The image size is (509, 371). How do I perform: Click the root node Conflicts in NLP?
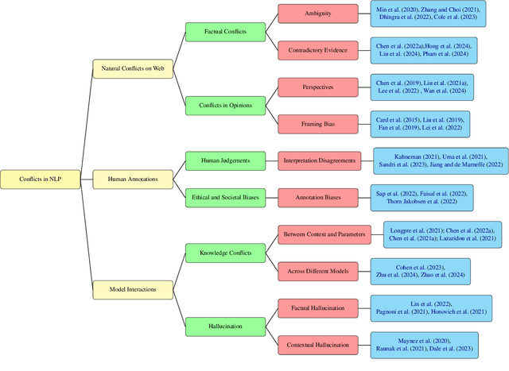point(41,180)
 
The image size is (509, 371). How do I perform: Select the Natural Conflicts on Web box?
point(133,68)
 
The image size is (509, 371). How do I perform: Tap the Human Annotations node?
point(133,180)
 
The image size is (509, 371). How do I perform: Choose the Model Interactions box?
point(133,290)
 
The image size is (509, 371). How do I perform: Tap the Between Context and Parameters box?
point(319,234)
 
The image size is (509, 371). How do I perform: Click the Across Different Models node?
point(319,271)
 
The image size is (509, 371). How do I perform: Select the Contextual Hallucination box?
point(319,344)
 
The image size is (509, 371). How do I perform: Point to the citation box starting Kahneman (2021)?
point(441,161)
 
